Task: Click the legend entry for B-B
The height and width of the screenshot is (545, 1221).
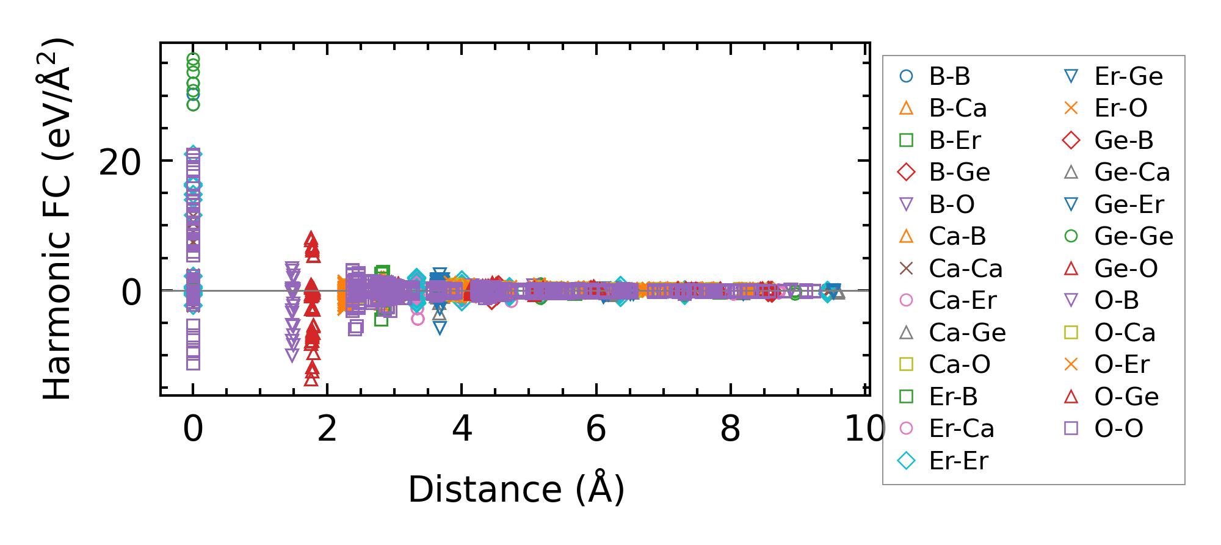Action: [x=949, y=76]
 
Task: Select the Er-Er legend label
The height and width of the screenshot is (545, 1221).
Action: [x=958, y=461]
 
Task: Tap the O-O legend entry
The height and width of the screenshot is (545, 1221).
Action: [x=1118, y=428]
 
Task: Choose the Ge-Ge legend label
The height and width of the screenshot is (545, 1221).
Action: [x=1133, y=236]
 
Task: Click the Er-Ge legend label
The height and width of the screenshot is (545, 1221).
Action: [x=1128, y=76]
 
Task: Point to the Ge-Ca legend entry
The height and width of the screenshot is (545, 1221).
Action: [x=1132, y=172]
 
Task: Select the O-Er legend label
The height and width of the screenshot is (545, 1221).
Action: [x=1121, y=364]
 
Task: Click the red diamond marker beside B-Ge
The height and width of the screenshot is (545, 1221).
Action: [x=907, y=172]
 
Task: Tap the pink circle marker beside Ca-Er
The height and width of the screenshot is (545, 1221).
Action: [x=907, y=300]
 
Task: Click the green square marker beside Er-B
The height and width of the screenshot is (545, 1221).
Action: [x=907, y=397]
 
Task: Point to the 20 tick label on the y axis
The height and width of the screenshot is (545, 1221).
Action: [x=120, y=163]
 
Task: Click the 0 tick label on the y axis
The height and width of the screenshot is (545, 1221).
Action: [x=131, y=292]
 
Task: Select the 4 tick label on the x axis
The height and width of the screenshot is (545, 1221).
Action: [x=462, y=428]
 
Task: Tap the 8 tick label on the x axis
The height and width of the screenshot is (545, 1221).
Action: [x=730, y=428]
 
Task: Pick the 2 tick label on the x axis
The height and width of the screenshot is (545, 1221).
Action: [x=327, y=428]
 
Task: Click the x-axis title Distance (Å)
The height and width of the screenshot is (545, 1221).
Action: [x=516, y=489]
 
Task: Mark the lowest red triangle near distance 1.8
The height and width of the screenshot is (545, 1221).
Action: [x=311, y=379]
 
